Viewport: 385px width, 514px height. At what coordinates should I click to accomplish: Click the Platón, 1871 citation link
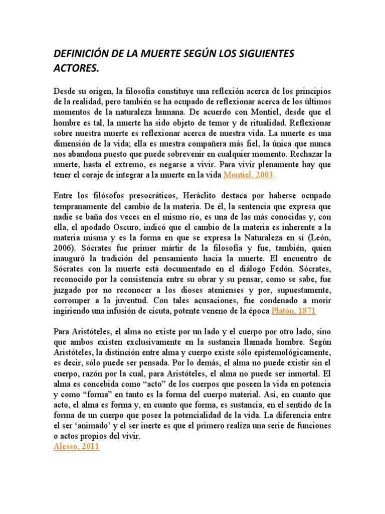click(x=293, y=311)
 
